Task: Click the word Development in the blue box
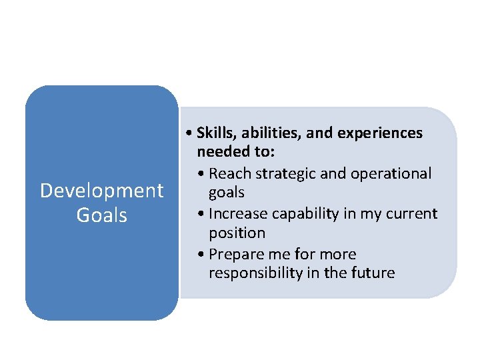[101, 191]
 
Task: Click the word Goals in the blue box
[101, 215]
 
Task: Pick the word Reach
[228, 173]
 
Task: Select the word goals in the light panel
[227, 193]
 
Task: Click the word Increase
[237, 214]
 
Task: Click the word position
[237, 233]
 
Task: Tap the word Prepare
[235, 254]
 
